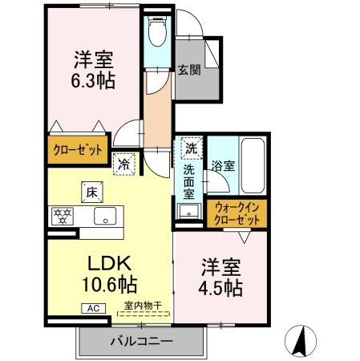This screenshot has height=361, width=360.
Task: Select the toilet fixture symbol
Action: coord(156,32)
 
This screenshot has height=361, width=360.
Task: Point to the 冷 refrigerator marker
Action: coord(124,164)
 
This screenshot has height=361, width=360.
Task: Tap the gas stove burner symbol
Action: coord(62,214)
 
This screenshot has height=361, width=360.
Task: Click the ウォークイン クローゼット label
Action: coord(238,214)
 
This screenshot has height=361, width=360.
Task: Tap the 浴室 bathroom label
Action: coord(223,167)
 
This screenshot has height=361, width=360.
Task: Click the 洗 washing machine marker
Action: coord(191,148)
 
